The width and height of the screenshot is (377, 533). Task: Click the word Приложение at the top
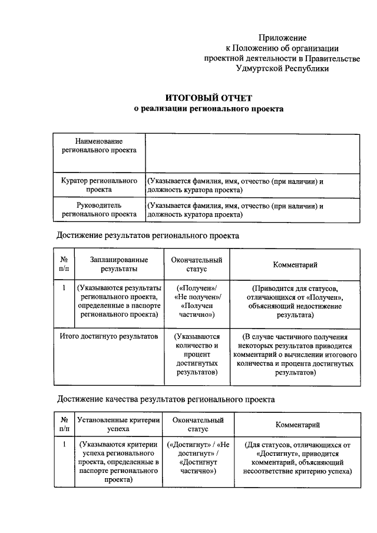pos(282,38)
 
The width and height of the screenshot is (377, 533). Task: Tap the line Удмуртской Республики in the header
pos(282,68)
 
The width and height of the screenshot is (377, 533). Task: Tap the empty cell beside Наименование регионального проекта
pos(252,153)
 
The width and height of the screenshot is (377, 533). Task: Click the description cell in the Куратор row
pos(252,186)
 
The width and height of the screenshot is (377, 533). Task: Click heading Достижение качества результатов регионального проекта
pos(166,399)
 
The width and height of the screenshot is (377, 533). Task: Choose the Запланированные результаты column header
pos(119,264)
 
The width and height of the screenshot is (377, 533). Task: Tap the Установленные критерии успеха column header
pos(119,425)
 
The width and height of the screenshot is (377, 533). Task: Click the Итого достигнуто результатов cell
pos(110,336)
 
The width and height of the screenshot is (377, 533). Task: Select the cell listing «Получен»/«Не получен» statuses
pos(197,302)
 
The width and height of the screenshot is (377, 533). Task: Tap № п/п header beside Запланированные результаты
pos(64,264)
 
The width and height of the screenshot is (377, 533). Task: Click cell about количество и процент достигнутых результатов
pos(197,354)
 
